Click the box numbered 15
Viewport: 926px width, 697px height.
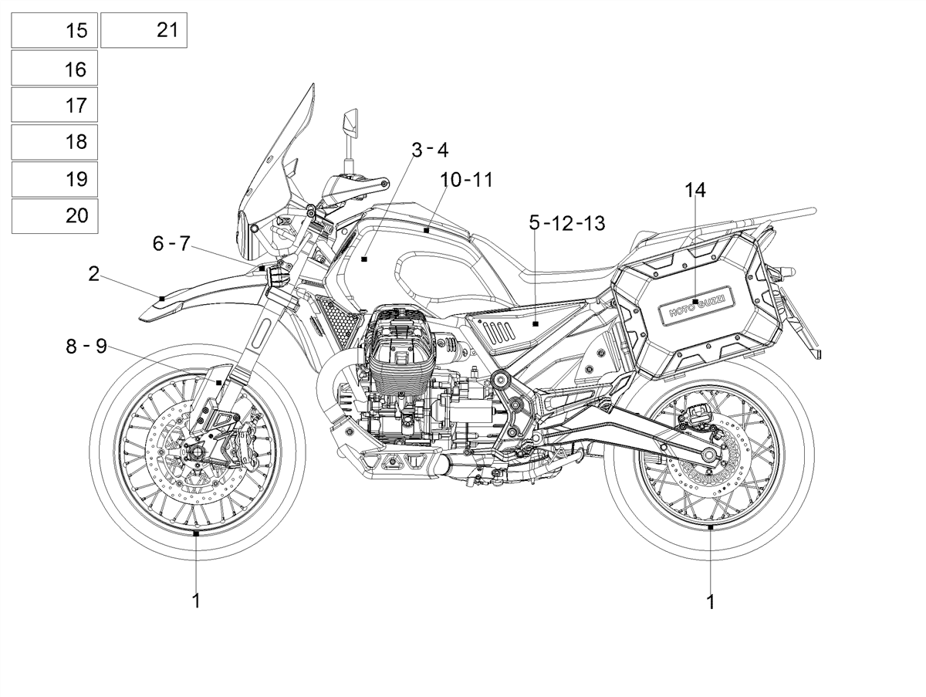pyautogui.click(x=55, y=30)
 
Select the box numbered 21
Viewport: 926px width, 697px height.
pyautogui.click(x=144, y=30)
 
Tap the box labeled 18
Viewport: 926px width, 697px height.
pyautogui.click(x=55, y=142)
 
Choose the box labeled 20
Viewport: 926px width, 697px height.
pyautogui.click(x=55, y=216)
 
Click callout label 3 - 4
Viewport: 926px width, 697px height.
pyautogui.click(x=430, y=151)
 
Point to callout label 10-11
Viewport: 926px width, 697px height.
pyautogui.click(x=467, y=180)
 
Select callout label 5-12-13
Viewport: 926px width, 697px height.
pyautogui.click(x=567, y=223)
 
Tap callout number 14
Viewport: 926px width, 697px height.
pyautogui.click(x=694, y=191)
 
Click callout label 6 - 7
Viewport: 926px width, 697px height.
pyautogui.click(x=171, y=243)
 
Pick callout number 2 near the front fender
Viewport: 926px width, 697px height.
pyautogui.click(x=93, y=274)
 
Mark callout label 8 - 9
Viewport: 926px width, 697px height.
pyautogui.click(x=86, y=347)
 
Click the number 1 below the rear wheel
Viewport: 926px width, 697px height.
pyautogui.click(x=711, y=601)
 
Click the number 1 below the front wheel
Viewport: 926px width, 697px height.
pyautogui.click(x=196, y=601)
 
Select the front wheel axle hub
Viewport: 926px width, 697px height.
pyautogui.click(x=197, y=453)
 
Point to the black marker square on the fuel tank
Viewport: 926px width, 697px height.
pyautogui.click(x=364, y=259)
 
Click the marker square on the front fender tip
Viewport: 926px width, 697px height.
pyautogui.click(x=162, y=299)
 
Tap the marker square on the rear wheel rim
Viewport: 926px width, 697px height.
pyautogui.click(x=711, y=527)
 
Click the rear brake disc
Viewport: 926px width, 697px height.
pyautogui.click(x=713, y=458)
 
